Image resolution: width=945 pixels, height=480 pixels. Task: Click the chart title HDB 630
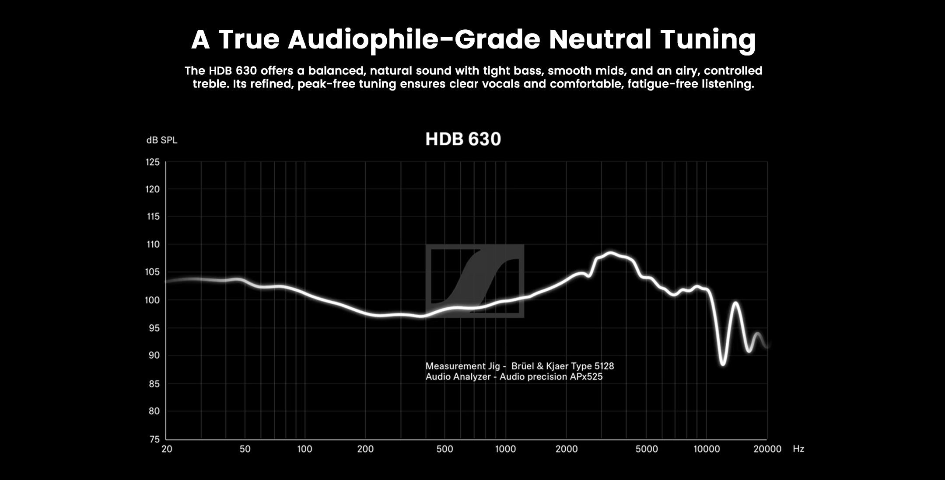[x=463, y=139]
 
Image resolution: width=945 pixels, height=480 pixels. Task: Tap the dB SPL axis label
[x=161, y=140]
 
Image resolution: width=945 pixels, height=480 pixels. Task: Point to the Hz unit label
[x=798, y=449]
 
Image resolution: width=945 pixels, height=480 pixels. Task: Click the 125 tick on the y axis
[x=153, y=162]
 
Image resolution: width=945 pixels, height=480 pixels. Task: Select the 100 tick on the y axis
[x=153, y=300]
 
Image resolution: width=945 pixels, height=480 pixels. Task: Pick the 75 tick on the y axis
[x=154, y=439]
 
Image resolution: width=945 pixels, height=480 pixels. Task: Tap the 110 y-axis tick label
[x=153, y=244]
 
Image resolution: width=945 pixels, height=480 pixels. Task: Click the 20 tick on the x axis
[x=167, y=449]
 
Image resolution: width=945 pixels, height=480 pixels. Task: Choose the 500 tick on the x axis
[x=444, y=449]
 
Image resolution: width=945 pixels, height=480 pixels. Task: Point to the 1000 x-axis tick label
[x=505, y=449]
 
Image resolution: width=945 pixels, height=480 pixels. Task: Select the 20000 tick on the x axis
[x=767, y=449]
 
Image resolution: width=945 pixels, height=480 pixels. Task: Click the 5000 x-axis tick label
[x=646, y=449]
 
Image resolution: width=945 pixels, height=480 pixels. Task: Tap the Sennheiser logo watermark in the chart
[x=475, y=281]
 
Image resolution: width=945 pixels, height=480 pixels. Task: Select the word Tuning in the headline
[x=708, y=39]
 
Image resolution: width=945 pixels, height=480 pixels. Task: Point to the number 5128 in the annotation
[x=604, y=366]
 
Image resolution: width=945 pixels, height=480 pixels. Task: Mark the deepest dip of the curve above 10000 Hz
[x=723, y=364]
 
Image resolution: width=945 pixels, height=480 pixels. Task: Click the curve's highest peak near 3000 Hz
[x=610, y=253]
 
